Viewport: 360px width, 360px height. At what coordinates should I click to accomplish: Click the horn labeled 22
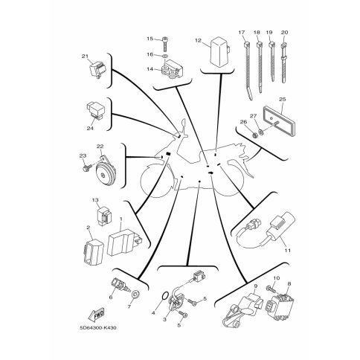(105, 172)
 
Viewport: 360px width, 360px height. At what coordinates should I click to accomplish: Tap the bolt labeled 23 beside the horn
(86, 167)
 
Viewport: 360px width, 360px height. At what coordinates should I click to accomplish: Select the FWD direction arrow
(96, 315)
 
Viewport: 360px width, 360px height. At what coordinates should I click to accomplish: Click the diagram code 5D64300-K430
(98, 328)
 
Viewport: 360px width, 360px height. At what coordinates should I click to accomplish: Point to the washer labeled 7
(135, 295)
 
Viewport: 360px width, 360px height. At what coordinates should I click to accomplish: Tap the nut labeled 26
(254, 135)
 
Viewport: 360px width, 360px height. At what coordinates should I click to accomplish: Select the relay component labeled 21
(97, 69)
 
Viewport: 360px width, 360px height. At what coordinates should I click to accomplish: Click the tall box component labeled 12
(219, 51)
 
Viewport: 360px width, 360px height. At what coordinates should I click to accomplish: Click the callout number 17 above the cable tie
(242, 32)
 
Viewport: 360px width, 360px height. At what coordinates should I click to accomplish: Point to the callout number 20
(285, 32)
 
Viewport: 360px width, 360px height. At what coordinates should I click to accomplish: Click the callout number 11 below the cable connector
(287, 251)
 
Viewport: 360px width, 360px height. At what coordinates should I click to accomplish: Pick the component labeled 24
(95, 111)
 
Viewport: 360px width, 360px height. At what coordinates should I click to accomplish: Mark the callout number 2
(88, 227)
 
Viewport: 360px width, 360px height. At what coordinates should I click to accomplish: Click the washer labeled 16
(165, 56)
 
